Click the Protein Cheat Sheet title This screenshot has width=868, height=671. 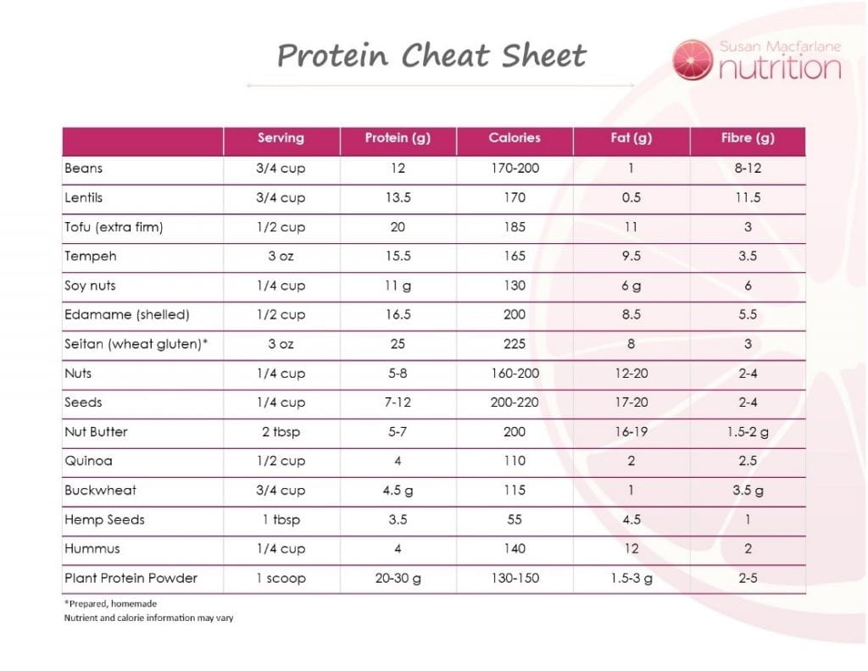coord(431,57)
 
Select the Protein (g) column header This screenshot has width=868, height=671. coord(398,138)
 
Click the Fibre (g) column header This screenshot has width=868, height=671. coord(748,138)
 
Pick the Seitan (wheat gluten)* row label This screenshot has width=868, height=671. coord(136,344)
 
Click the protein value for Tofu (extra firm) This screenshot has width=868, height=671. coord(398,227)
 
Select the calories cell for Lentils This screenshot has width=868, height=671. coord(514,197)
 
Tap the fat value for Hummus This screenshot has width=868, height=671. coord(631,549)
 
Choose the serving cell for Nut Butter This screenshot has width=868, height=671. coord(281,432)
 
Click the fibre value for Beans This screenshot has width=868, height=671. coord(748,169)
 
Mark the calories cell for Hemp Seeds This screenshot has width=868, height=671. coord(514,519)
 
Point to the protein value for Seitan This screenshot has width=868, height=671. coord(398,344)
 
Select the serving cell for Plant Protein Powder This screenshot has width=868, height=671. coord(281,579)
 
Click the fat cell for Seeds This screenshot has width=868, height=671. coord(631,402)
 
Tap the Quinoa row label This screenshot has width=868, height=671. coord(88,461)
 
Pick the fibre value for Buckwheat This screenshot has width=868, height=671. coord(748,491)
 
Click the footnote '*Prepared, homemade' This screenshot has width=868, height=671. coord(110,603)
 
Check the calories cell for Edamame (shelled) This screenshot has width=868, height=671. coord(514,314)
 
